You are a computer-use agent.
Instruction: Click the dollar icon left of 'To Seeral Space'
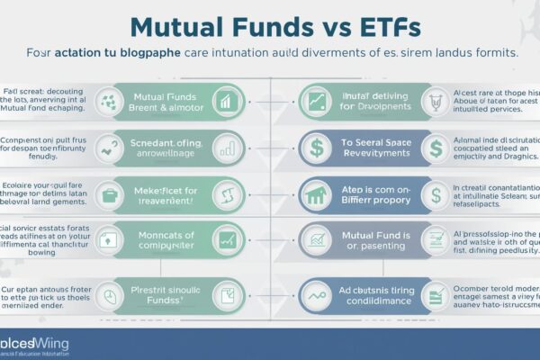coord(316,146)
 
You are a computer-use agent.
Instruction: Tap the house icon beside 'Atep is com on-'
coord(316,193)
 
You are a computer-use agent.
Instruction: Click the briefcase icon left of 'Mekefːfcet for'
coord(110,193)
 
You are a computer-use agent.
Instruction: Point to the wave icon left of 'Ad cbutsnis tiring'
coord(316,294)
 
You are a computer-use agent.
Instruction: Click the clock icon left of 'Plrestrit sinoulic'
coord(110,294)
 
